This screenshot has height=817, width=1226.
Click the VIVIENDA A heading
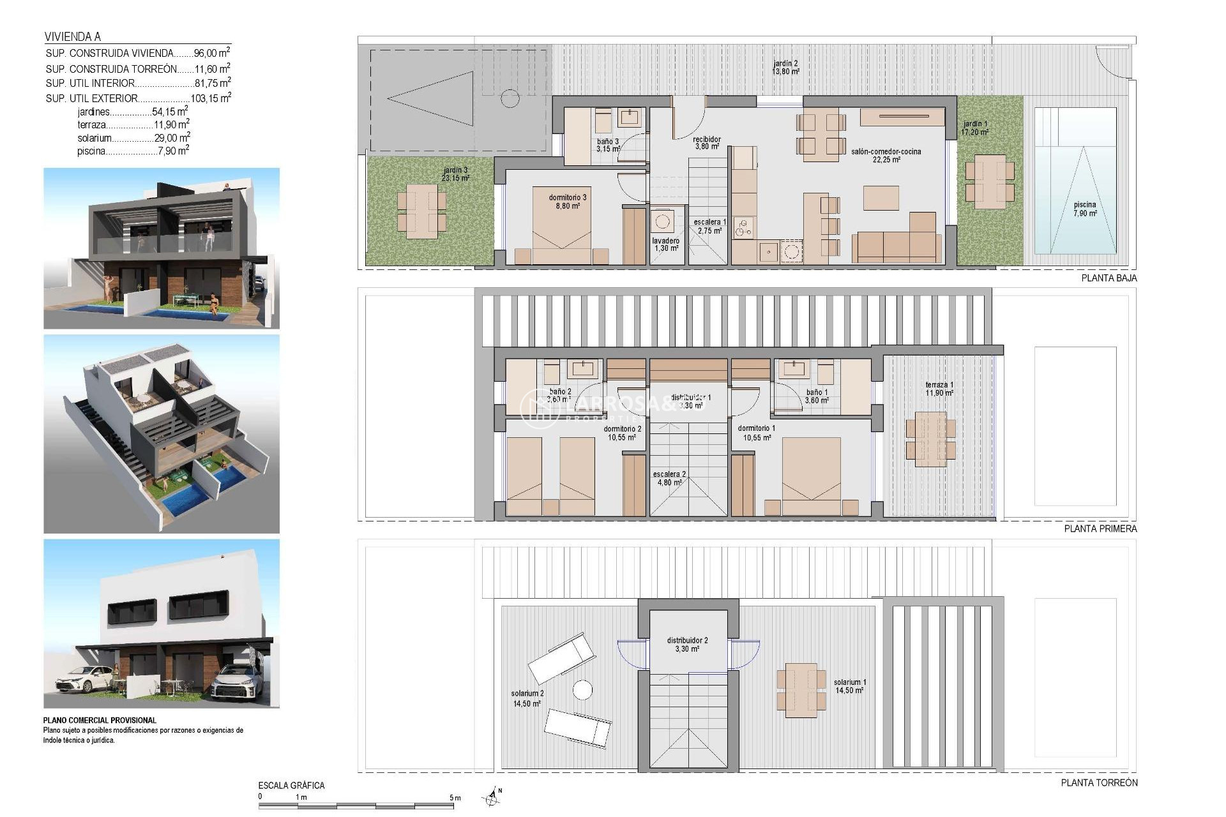(73, 37)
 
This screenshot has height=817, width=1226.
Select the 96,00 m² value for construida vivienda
(211, 54)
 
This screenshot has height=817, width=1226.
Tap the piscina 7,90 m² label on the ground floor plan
(1085, 209)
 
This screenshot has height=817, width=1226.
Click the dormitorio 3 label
(567, 202)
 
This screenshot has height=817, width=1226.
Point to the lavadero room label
(666, 244)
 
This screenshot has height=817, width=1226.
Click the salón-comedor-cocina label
(886, 155)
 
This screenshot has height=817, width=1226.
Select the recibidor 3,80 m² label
(707, 142)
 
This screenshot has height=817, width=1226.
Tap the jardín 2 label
(785, 68)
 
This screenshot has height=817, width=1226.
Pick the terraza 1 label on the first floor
(939, 389)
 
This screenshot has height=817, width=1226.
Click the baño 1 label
(817, 396)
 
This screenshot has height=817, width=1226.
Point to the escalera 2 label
(669, 478)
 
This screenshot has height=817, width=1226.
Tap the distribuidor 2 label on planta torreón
(687, 644)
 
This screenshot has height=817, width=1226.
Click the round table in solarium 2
(582, 690)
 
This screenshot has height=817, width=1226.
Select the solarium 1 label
(849, 686)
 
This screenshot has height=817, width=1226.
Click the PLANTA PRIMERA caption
(1100, 528)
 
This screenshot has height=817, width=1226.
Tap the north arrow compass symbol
(491, 796)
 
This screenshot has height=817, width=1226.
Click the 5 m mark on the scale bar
(455, 798)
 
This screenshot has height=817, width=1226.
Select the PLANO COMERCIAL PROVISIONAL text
(100, 720)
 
